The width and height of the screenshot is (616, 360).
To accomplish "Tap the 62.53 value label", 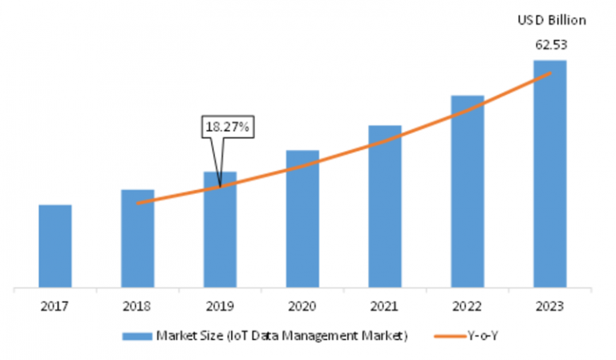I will (549, 43).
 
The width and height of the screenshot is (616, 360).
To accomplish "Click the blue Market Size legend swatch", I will (141, 336).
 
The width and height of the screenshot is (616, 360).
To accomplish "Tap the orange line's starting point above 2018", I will (138, 203).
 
